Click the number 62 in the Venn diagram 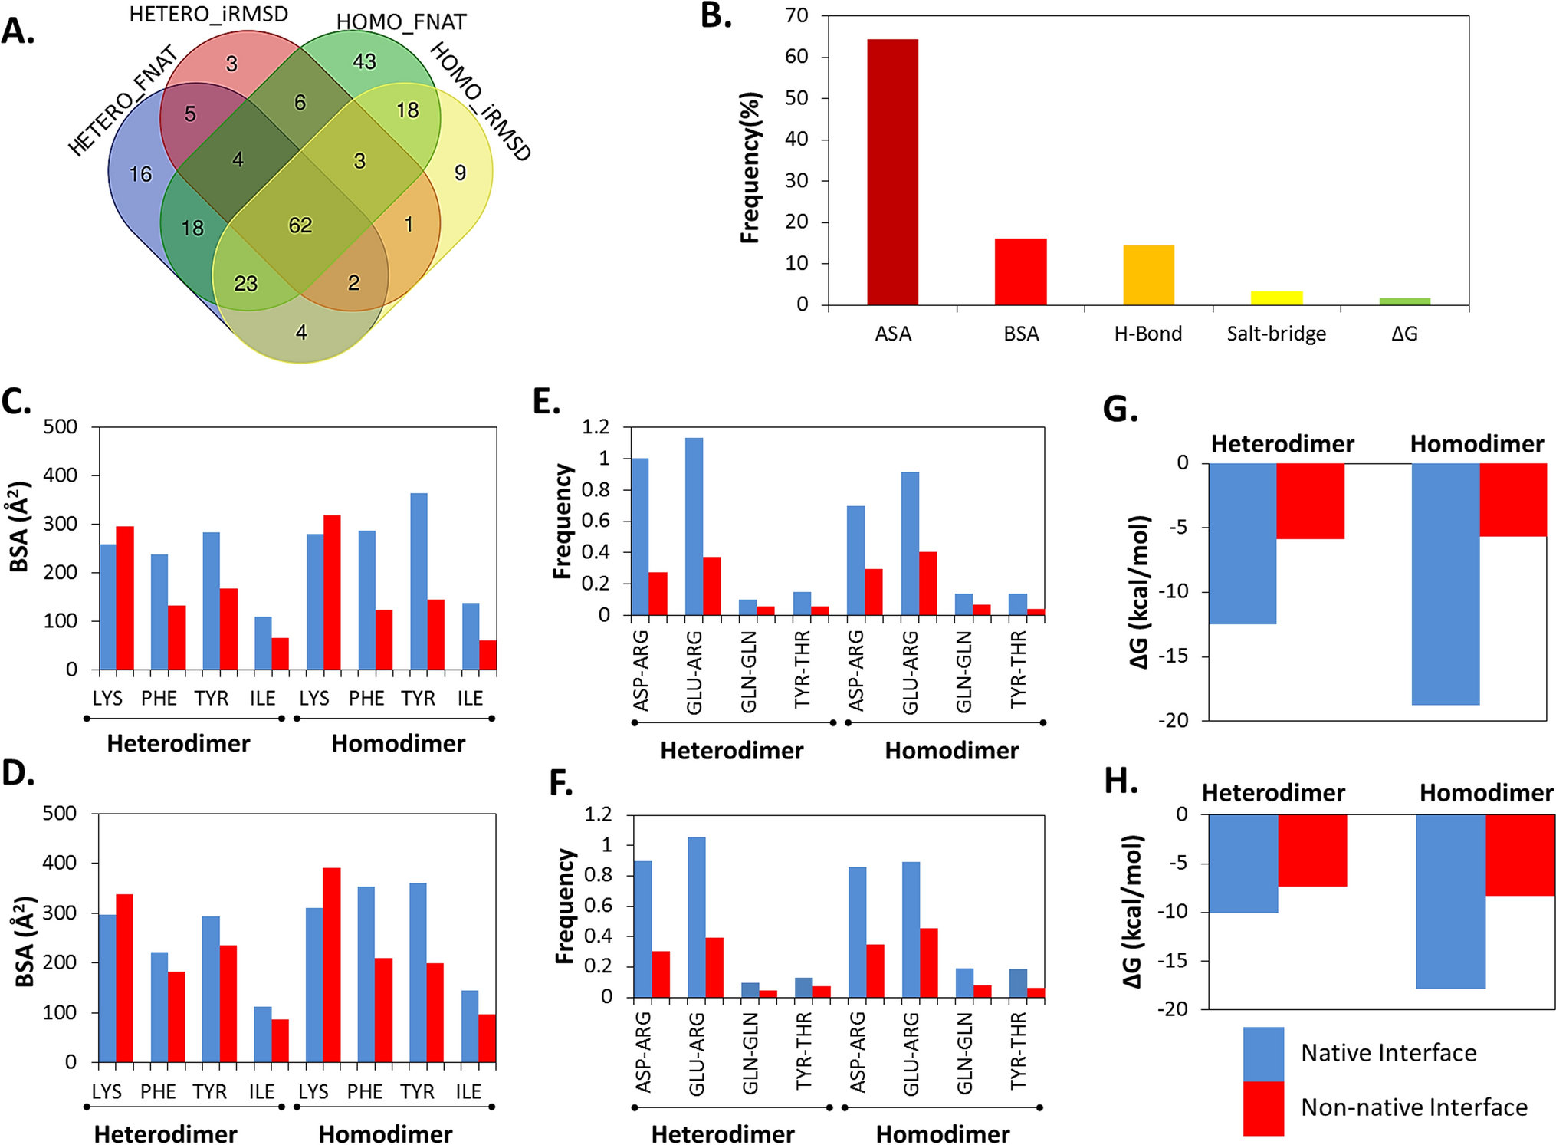300,225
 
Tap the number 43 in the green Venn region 364,61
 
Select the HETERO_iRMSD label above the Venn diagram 208,15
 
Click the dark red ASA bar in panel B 892,172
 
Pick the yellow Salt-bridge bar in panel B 1276,298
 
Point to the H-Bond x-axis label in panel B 1147,334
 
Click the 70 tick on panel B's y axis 796,15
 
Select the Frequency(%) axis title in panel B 750,167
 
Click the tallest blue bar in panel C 419,581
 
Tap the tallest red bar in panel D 332,965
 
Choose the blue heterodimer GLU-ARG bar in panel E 694,526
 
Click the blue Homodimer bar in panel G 1445,584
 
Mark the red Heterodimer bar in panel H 1312,850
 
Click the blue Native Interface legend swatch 1262,1053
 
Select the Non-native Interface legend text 1414,1107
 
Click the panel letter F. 561,784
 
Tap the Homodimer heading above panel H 1485,792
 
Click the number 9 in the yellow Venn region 460,173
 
